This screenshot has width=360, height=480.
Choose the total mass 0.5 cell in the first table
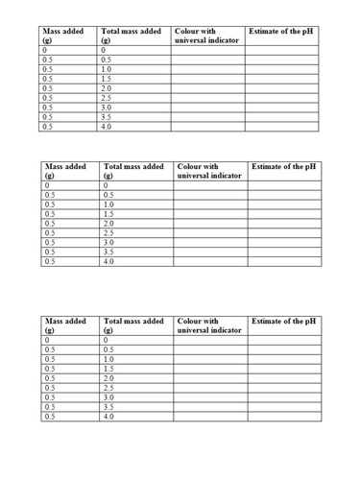click(x=135, y=59)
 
